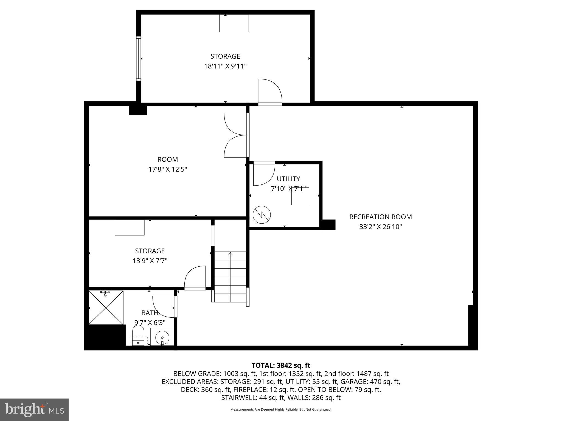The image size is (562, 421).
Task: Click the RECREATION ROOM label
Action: [x=380, y=217]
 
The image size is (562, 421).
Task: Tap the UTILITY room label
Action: [x=288, y=179]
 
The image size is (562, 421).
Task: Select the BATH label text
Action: [x=150, y=313]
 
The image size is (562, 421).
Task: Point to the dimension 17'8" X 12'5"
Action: [x=168, y=169]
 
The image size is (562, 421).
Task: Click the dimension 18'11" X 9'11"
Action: [x=225, y=66]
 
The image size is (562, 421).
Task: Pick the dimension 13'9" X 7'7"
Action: [x=150, y=261]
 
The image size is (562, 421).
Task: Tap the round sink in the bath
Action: [x=162, y=337]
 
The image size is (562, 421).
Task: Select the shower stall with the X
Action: [x=106, y=308]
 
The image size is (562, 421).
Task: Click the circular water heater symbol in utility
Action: [x=262, y=215]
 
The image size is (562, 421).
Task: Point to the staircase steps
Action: [x=230, y=277]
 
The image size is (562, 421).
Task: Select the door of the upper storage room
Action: [x=269, y=92]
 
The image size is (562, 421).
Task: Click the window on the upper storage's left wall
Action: [x=139, y=58]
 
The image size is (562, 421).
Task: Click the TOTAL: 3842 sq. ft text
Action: [x=281, y=365]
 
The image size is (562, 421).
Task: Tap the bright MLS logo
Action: [x=34, y=409]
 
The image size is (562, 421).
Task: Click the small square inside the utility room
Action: [x=300, y=196]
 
